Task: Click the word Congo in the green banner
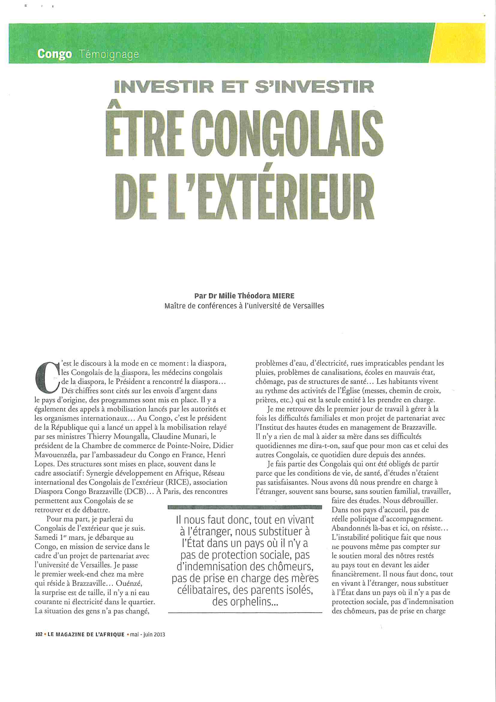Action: coord(54,54)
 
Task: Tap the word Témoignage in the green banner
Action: coord(109,54)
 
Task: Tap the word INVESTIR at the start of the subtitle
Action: coord(164,87)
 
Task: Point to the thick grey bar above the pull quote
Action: coord(245,507)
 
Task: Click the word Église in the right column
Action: coord(363,390)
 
